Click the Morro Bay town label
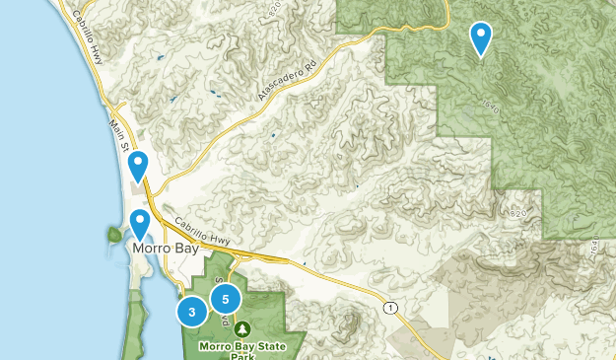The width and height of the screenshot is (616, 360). click(164, 251)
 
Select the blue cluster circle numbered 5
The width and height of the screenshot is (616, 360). click(226, 298)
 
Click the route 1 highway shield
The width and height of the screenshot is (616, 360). click(391, 309)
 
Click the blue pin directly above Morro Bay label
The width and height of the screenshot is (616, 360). click(141, 225)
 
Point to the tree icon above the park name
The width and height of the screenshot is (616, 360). click(242, 328)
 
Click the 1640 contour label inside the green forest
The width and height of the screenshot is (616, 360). click(492, 106)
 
